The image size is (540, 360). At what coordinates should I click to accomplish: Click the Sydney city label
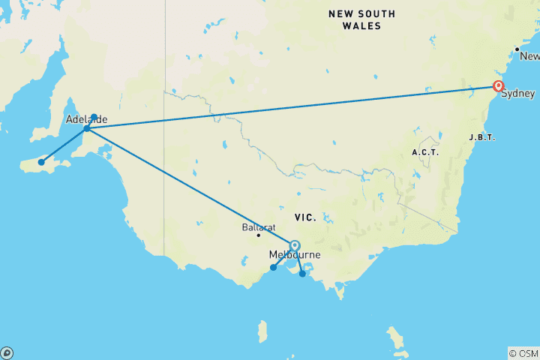[x=518, y=94]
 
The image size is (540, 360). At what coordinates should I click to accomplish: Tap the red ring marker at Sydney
[x=498, y=86]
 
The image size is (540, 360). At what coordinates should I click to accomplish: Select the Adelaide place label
[x=86, y=120]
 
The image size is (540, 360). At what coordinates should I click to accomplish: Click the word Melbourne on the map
[x=295, y=256]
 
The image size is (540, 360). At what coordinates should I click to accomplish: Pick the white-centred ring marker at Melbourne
[x=295, y=245]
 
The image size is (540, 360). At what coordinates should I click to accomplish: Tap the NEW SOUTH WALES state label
[x=361, y=19]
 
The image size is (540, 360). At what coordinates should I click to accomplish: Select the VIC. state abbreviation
[x=305, y=217]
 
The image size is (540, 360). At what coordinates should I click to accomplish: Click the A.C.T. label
[x=424, y=152]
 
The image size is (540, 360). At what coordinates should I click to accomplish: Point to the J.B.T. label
[x=481, y=137]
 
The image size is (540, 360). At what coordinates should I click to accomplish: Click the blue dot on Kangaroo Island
[x=42, y=162]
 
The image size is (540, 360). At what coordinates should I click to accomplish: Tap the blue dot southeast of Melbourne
[x=302, y=274]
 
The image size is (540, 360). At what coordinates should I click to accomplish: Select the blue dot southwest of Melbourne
[x=273, y=268]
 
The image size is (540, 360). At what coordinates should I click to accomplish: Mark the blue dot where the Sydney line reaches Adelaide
[x=87, y=128]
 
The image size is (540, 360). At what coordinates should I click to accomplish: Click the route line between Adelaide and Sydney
[x=292, y=107]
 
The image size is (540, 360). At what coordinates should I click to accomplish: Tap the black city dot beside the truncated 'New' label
[x=517, y=49]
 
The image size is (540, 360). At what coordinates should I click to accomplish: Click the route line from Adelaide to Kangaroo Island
[x=64, y=145]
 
